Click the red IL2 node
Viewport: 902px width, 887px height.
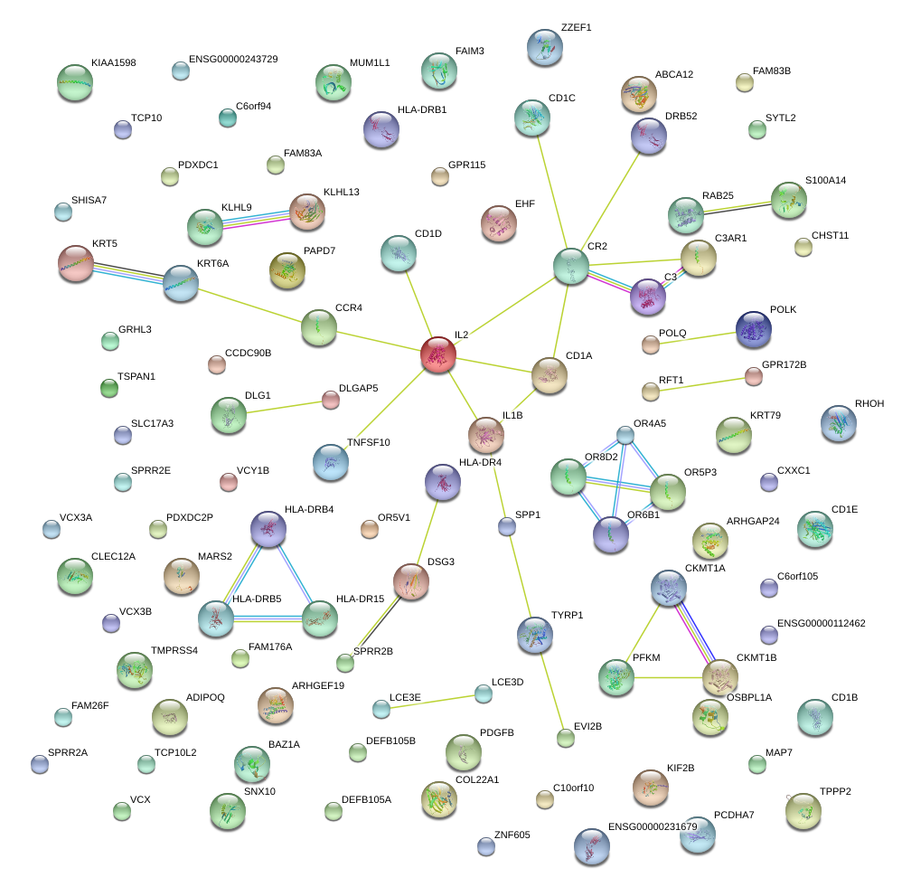point(438,354)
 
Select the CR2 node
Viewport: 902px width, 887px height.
point(570,265)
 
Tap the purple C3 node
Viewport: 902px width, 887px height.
point(647,296)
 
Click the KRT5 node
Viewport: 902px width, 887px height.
point(76,263)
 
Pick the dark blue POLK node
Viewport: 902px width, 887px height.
point(753,330)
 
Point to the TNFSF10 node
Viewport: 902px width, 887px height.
point(331,461)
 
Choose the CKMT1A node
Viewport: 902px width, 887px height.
point(669,588)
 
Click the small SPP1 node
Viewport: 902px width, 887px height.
point(507,526)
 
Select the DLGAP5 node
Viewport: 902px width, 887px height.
point(330,400)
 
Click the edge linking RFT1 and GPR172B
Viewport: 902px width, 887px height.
point(702,383)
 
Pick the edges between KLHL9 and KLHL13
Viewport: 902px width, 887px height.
point(256,218)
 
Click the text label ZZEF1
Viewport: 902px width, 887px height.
point(576,27)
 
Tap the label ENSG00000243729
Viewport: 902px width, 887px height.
point(233,60)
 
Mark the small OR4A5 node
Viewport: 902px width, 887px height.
point(625,435)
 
